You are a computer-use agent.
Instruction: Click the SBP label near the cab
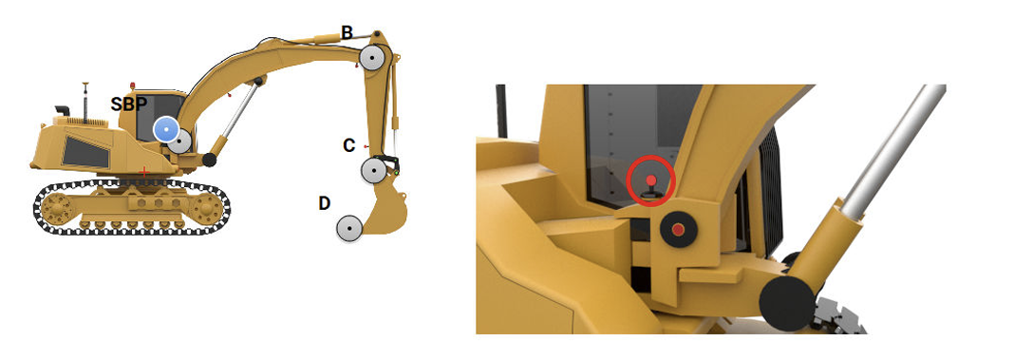tap(129, 104)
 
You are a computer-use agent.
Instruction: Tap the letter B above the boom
tap(347, 33)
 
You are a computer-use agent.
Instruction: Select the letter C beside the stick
tap(349, 145)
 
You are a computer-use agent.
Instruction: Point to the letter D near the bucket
tap(325, 203)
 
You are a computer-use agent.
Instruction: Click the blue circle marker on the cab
tap(166, 130)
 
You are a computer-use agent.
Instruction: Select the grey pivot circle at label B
tap(374, 58)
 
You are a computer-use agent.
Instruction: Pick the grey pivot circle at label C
tap(374, 171)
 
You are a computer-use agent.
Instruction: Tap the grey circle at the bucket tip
tap(349, 229)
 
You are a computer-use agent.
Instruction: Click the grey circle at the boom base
tap(180, 142)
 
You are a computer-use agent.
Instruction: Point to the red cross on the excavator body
tap(144, 172)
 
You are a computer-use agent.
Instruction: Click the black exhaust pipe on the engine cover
tap(62, 111)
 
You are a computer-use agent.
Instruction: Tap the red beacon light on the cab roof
tap(133, 86)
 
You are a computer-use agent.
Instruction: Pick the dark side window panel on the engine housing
tap(85, 152)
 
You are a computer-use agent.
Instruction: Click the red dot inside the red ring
tap(651, 180)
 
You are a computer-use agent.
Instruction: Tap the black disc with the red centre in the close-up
tap(678, 230)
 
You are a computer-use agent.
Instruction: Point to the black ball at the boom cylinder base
tap(210, 160)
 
